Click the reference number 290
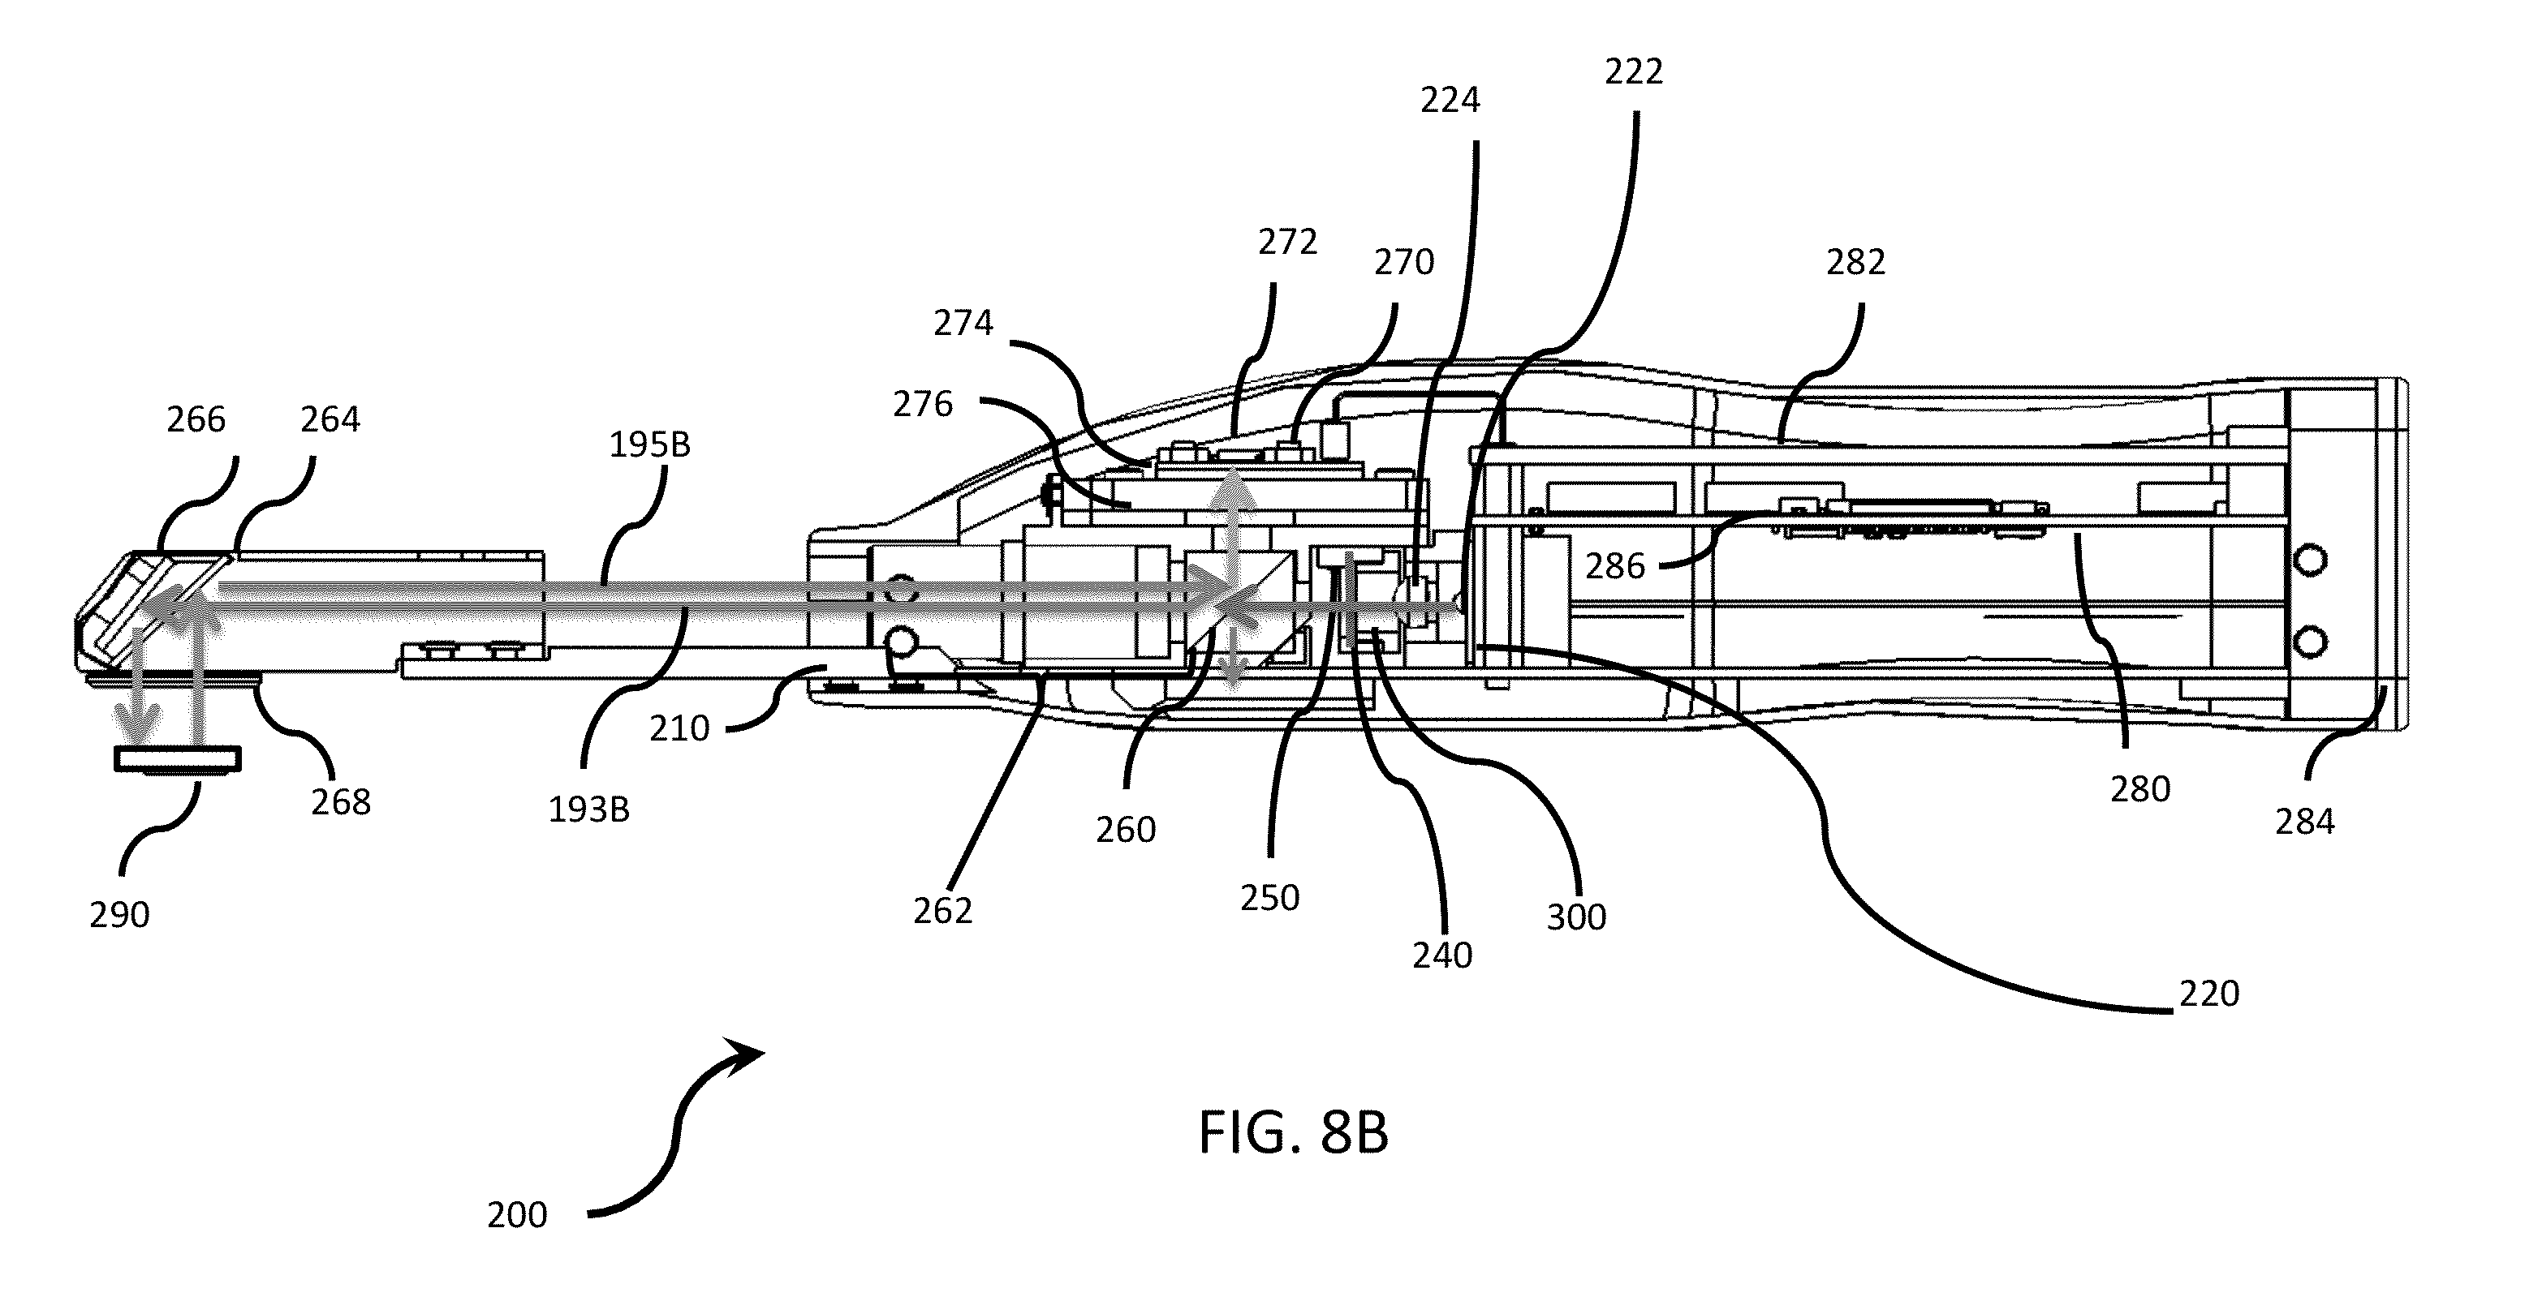click(119, 914)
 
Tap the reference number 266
click(196, 419)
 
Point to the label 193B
click(588, 809)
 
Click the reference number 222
click(1634, 71)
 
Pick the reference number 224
click(1450, 100)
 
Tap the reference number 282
click(1855, 262)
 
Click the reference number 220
click(2209, 994)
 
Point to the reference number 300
click(1576, 917)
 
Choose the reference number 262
click(943, 911)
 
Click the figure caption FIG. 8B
click(1294, 1133)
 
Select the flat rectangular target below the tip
click(178, 759)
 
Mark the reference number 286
click(1615, 566)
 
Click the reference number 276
click(922, 404)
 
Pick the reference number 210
click(679, 728)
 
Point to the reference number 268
click(341, 801)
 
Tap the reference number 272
click(1288, 242)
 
